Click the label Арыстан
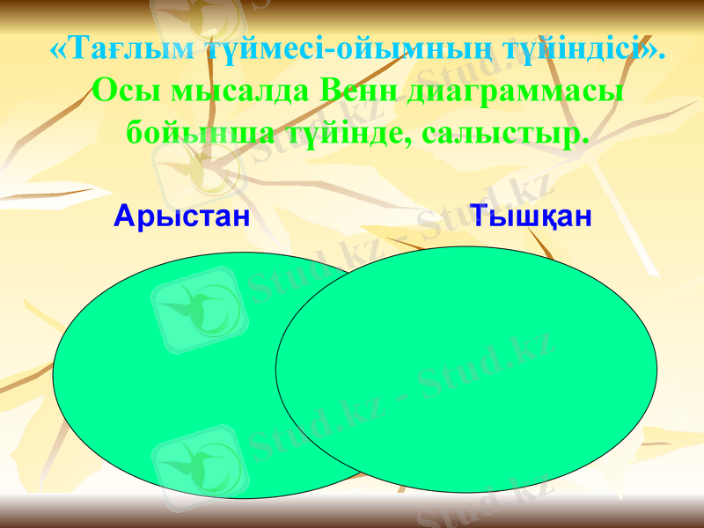[182, 216]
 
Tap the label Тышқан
[531, 216]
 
